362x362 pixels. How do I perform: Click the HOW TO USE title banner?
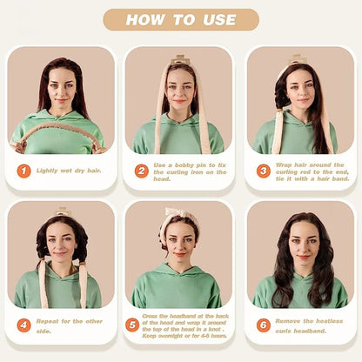coord(180,19)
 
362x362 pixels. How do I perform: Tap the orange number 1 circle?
coord(23,171)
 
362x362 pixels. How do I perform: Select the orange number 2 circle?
coord(141,171)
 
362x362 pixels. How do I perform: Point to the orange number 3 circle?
coord(263,171)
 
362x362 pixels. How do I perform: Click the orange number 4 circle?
coord(23,325)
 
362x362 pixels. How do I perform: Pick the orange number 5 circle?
coord(132,325)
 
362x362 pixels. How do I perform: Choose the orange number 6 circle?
coord(263,325)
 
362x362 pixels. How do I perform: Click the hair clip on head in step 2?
coord(180,59)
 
